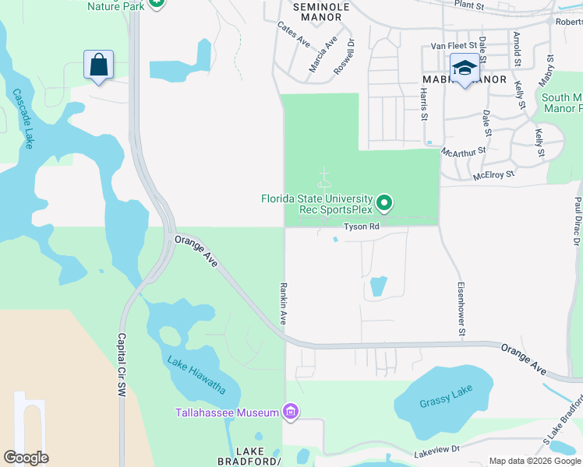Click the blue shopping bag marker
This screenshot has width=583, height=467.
pyautogui.click(x=99, y=65)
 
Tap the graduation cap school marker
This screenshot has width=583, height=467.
pyautogui.click(x=465, y=68)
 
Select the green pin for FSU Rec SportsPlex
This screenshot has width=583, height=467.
pyautogui.click(x=383, y=204)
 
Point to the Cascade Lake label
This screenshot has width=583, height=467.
pyautogui.click(x=23, y=118)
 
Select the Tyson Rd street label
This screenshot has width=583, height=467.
pyautogui.click(x=362, y=227)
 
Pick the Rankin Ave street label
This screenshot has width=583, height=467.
pyautogui.click(x=284, y=304)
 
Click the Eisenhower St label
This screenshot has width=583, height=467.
pyautogui.click(x=461, y=309)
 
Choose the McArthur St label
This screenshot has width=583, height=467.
pyautogui.click(x=464, y=150)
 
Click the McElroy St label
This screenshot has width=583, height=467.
pyautogui.click(x=493, y=175)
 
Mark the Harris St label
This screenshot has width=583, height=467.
pyautogui.click(x=424, y=104)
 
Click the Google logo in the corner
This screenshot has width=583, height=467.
pyautogui.click(x=26, y=458)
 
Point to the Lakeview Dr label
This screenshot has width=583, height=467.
pyautogui.click(x=437, y=450)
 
